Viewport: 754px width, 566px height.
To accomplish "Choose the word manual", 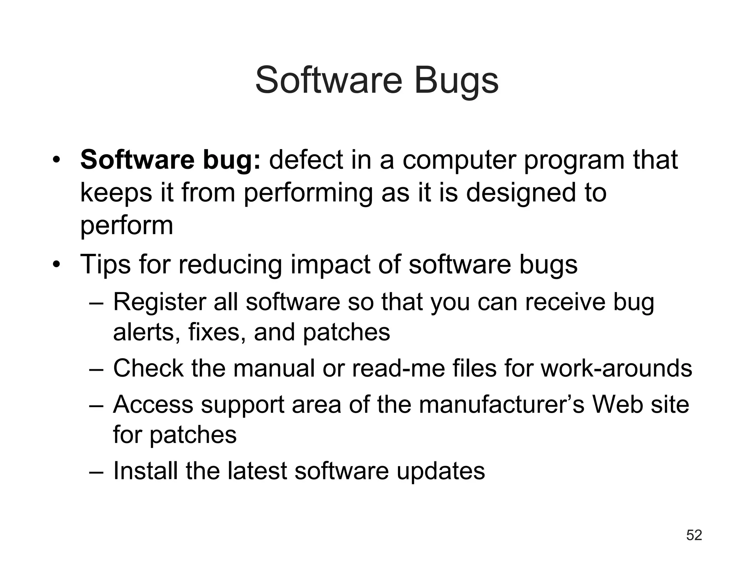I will (274, 368).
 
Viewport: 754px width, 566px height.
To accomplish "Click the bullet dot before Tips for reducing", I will (56, 265).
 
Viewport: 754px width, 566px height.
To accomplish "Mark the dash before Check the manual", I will (96, 369).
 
